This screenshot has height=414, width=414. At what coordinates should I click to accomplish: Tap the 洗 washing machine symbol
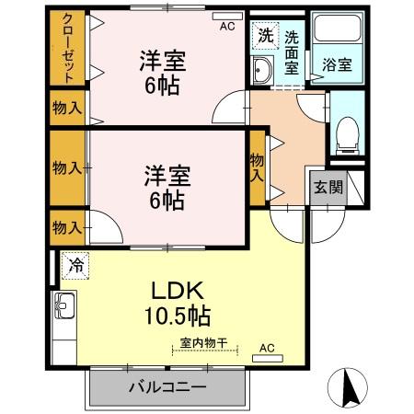pyautogui.click(x=264, y=36)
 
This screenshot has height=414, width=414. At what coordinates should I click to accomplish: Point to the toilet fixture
pyautogui.click(x=346, y=133)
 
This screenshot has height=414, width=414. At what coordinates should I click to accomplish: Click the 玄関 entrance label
pyautogui.click(x=328, y=187)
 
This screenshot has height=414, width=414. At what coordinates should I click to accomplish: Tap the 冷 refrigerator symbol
pyautogui.click(x=75, y=265)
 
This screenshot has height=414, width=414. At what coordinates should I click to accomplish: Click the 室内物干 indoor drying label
pyautogui.click(x=204, y=342)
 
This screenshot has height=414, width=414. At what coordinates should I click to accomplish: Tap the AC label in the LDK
pyautogui.click(x=266, y=348)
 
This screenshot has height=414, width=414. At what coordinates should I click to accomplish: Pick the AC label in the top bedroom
pyautogui.click(x=226, y=27)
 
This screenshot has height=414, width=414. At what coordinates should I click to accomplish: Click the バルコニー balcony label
pyautogui.click(x=167, y=387)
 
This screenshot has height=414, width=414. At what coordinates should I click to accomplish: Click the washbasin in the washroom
pyautogui.click(x=261, y=70)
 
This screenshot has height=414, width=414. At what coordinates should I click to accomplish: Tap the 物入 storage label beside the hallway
pyautogui.click(x=259, y=165)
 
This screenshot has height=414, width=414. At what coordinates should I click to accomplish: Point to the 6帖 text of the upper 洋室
pyautogui.click(x=163, y=86)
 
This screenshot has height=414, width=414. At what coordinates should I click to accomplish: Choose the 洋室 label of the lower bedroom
pyautogui.click(x=167, y=173)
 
